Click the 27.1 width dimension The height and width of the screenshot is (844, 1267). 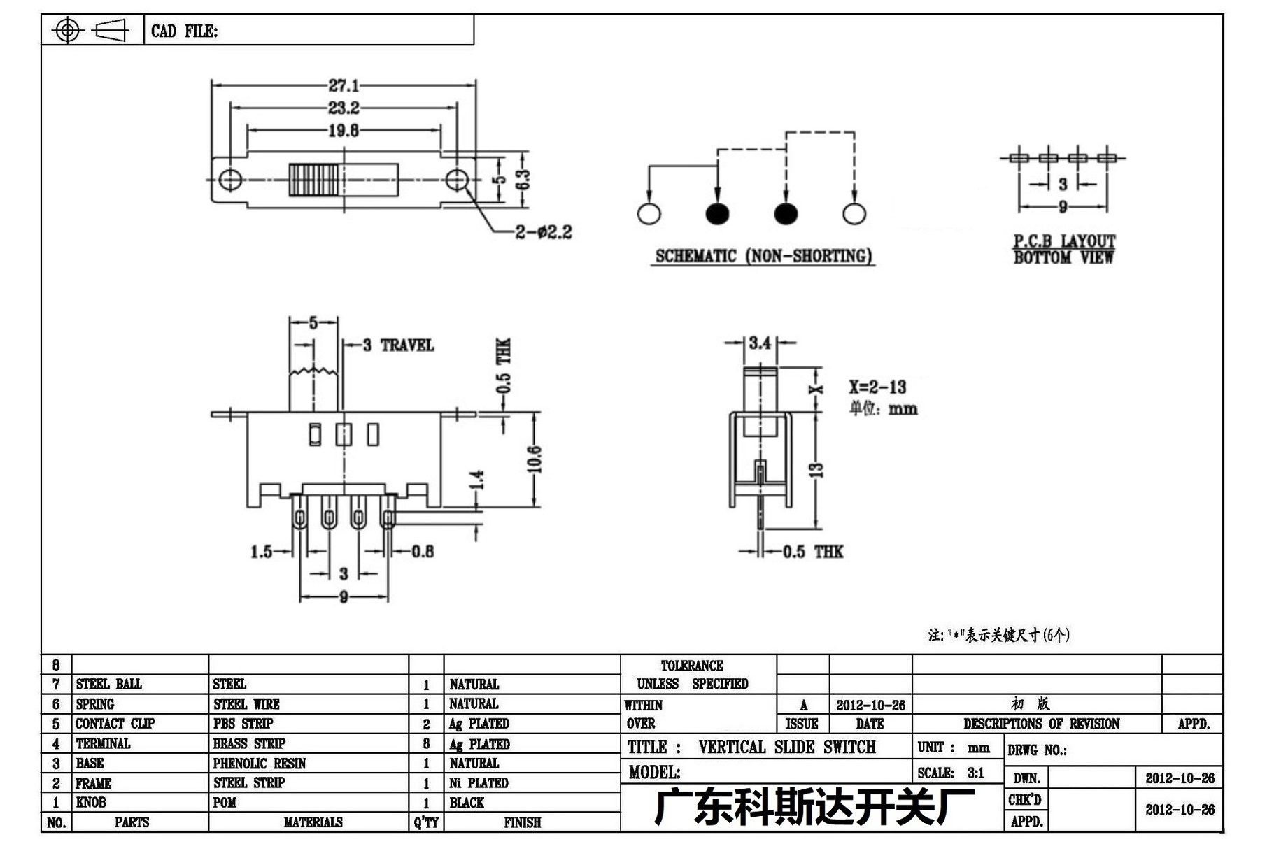[x=344, y=85]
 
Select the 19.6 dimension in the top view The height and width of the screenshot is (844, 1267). [x=344, y=130]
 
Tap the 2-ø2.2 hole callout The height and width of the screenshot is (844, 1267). [x=544, y=231]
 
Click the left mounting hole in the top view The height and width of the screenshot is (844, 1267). [x=230, y=179]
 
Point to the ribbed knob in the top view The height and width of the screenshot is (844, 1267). [x=314, y=179]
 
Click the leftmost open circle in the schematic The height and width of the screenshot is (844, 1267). [x=649, y=213]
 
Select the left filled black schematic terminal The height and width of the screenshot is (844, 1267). [x=717, y=213]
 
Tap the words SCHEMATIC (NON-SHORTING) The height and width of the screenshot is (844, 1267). [x=763, y=256]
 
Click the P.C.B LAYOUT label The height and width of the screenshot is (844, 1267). [x=1064, y=241]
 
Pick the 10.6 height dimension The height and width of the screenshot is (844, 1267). [x=535, y=459]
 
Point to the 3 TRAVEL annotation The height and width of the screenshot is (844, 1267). [x=398, y=345]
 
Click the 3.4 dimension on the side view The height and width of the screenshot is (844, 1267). [x=760, y=343]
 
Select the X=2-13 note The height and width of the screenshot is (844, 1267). [x=877, y=387]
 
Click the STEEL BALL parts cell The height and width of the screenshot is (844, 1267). [x=109, y=684]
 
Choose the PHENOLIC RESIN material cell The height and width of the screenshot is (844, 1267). [x=260, y=763]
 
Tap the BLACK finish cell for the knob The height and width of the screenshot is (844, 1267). [x=467, y=803]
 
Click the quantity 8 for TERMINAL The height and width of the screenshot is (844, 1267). [x=426, y=743]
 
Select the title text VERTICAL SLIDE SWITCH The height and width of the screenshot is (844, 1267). [x=787, y=747]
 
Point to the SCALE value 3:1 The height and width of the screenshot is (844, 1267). [x=976, y=773]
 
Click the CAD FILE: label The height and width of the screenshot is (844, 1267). [x=185, y=31]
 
